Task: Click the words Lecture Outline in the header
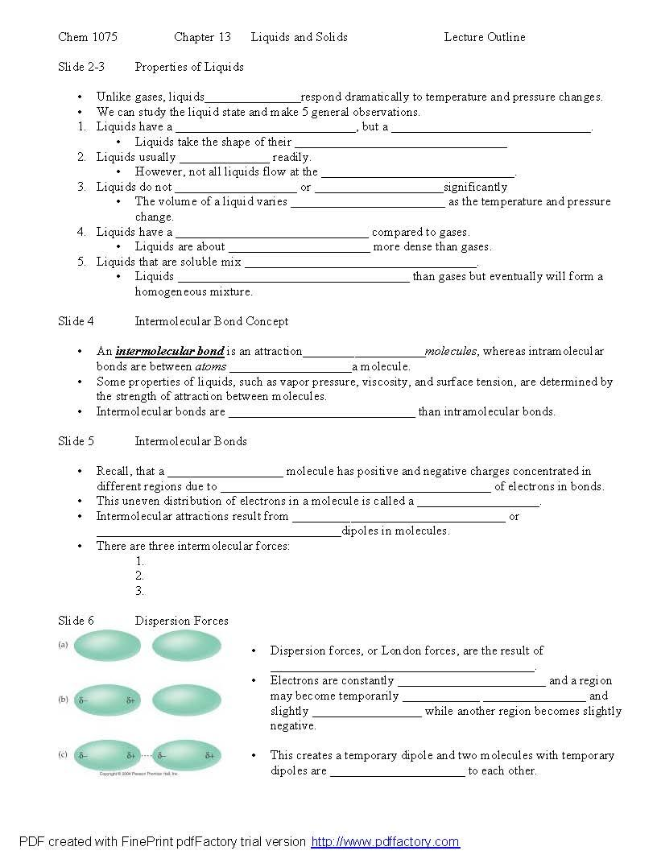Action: coord(484,37)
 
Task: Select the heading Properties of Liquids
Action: coord(189,67)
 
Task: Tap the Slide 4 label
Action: coord(76,321)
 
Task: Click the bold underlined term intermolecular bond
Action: coord(170,351)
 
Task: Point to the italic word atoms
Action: coord(211,366)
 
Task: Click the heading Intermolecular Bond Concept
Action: coord(211,321)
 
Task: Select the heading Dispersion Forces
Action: coord(181,621)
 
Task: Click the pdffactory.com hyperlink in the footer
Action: coord(385,842)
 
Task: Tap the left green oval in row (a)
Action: coord(106,646)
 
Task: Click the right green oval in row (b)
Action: coord(186,700)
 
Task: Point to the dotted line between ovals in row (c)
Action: coord(147,756)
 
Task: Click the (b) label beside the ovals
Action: coord(62,700)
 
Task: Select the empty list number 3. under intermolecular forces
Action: coord(139,591)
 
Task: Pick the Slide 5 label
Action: coord(76,441)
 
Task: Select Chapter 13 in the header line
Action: coord(202,37)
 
